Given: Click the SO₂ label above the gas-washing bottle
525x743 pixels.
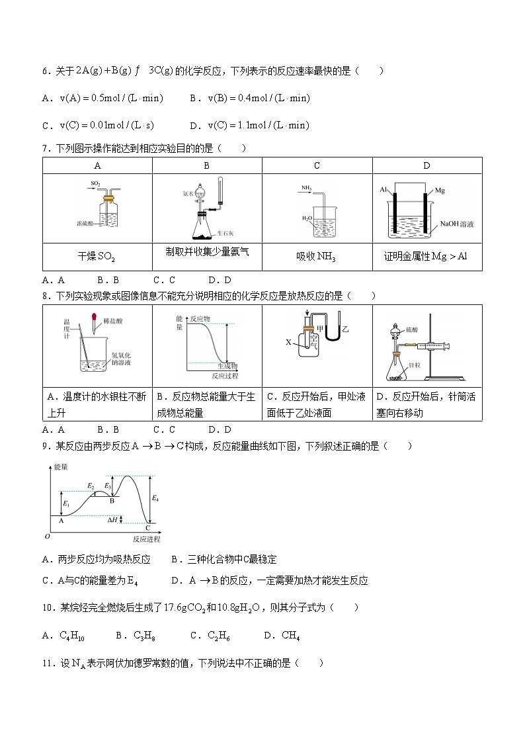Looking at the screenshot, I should click(96, 183).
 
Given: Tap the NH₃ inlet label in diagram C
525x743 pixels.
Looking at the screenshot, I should click(307, 188).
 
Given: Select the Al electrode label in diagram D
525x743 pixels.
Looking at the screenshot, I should click(383, 191).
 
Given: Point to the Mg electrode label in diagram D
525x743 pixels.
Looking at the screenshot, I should click(440, 191).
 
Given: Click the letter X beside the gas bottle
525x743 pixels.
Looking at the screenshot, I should click(288, 342).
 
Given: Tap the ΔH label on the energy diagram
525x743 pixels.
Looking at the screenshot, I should click(112, 521).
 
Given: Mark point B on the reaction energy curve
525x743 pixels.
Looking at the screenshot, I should click(112, 502).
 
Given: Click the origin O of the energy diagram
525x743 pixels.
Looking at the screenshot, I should click(46, 537).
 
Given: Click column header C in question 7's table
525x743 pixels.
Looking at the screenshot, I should click(317, 166).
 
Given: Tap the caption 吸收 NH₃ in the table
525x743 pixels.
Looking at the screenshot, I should click(316, 257).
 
